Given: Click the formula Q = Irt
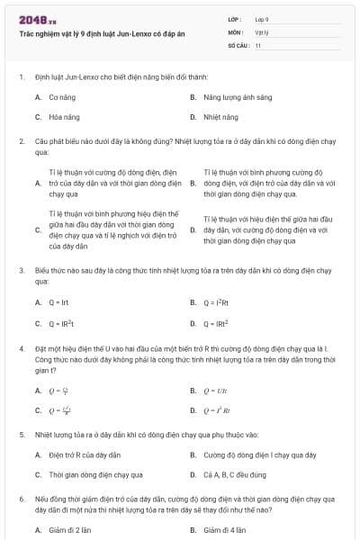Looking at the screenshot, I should coord(59,302).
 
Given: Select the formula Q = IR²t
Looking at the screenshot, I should coord(61,323).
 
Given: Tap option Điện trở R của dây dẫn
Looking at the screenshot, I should coord(85,454).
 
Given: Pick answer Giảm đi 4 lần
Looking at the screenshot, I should coord(225,530).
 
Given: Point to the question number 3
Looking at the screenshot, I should coord(21,270).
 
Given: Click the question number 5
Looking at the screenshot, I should coord(21,434).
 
